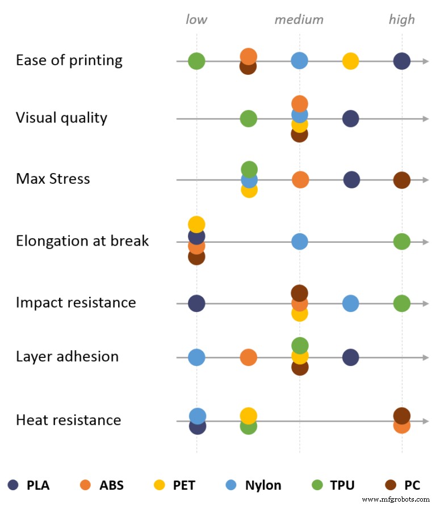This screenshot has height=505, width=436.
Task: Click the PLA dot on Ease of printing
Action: pos(402,61)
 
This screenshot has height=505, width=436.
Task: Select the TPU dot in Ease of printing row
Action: pos(196,61)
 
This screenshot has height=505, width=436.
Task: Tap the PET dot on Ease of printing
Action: pos(351,61)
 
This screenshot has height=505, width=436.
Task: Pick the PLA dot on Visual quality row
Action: pos(351,119)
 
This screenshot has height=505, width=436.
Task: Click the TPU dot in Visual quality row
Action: pos(248,119)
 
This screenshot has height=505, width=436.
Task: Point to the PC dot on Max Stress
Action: pos(402,180)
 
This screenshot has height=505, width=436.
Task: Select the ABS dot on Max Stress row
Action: pos(300,180)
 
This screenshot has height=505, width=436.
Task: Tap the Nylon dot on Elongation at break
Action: pos(300,241)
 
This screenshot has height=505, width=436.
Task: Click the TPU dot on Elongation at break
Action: pos(402,241)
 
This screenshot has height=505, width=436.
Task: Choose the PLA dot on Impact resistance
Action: pos(196,304)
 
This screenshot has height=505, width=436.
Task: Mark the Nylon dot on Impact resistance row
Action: pos(351,304)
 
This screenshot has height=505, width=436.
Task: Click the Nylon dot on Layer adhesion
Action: pos(196,357)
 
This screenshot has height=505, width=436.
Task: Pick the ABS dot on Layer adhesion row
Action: pos(248,357)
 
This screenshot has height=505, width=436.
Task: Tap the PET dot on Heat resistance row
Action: pos(248,415)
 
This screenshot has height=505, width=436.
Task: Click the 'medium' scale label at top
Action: pos(299,20)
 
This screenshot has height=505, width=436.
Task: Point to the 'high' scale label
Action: pos(402,20)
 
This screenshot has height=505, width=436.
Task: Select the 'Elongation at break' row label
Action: pos(82,241)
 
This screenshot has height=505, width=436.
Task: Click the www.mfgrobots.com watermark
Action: pos(396,499)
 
